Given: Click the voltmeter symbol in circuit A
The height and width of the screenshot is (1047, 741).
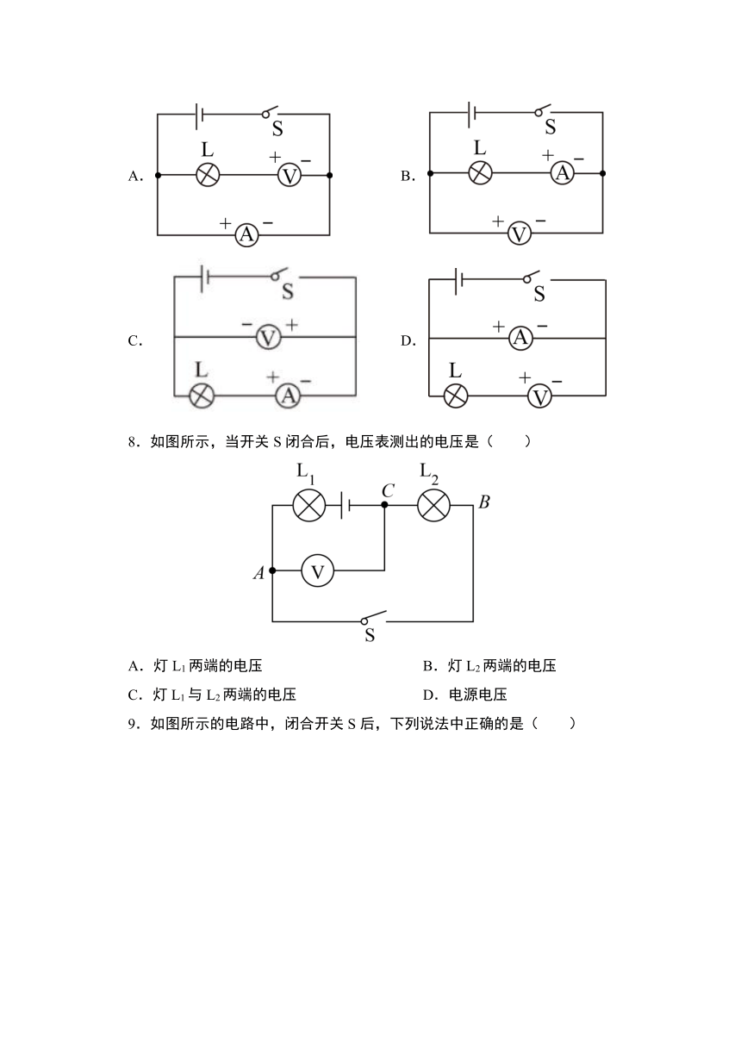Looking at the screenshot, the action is click(290, 176).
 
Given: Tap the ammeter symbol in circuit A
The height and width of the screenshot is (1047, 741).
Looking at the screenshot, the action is click(246, 234).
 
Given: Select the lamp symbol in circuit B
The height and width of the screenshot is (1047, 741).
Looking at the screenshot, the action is click(480, 173).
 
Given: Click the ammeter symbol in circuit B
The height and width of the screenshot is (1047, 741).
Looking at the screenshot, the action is click(562, 173).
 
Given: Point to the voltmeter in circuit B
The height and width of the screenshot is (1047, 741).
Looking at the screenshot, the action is click(519, 234).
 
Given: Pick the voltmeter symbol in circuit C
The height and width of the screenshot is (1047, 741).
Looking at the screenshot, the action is click(269, 337).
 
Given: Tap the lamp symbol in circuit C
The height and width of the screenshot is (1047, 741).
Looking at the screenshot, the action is click(202, 396).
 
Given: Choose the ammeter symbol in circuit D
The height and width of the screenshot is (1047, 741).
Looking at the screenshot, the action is click(520, 338).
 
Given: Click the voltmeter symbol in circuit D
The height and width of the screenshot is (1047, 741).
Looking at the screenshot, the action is click(539, 397).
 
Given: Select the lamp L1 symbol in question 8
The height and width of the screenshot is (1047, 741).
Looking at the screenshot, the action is click(308, 505).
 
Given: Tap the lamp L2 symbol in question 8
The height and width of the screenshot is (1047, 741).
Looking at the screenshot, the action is click(433, 505).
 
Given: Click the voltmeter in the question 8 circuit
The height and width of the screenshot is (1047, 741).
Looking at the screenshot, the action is click(317, 570).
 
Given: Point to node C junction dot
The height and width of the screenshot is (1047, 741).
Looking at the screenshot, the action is click(384, 505).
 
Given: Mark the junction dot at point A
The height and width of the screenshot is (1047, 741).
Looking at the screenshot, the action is click(272, 570).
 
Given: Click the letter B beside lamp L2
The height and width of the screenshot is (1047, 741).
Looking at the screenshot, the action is click(484, 502).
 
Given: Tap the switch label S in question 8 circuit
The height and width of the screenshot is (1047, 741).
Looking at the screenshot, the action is click(370, 635).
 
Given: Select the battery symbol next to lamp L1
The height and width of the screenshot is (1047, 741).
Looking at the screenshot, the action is click(346, 505).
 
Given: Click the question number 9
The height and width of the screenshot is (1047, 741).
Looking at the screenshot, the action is click(133, 724).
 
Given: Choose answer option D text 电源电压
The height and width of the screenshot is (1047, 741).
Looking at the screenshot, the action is click(477, 695).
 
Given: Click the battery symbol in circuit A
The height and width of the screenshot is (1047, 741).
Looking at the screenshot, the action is click(198, 115).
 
